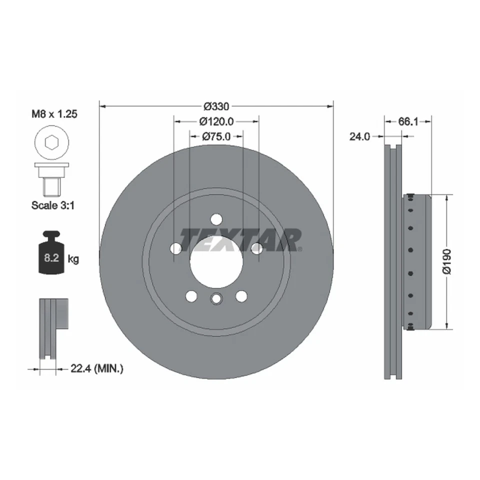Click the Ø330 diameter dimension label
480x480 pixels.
216,106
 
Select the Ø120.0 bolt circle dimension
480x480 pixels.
216,121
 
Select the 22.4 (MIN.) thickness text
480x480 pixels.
94,369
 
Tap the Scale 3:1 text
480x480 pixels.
53,204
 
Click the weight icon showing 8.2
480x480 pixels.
50,253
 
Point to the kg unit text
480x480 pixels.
73,259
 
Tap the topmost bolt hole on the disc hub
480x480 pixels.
216,219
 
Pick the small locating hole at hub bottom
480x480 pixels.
216,299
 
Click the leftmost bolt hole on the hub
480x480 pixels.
175,248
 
